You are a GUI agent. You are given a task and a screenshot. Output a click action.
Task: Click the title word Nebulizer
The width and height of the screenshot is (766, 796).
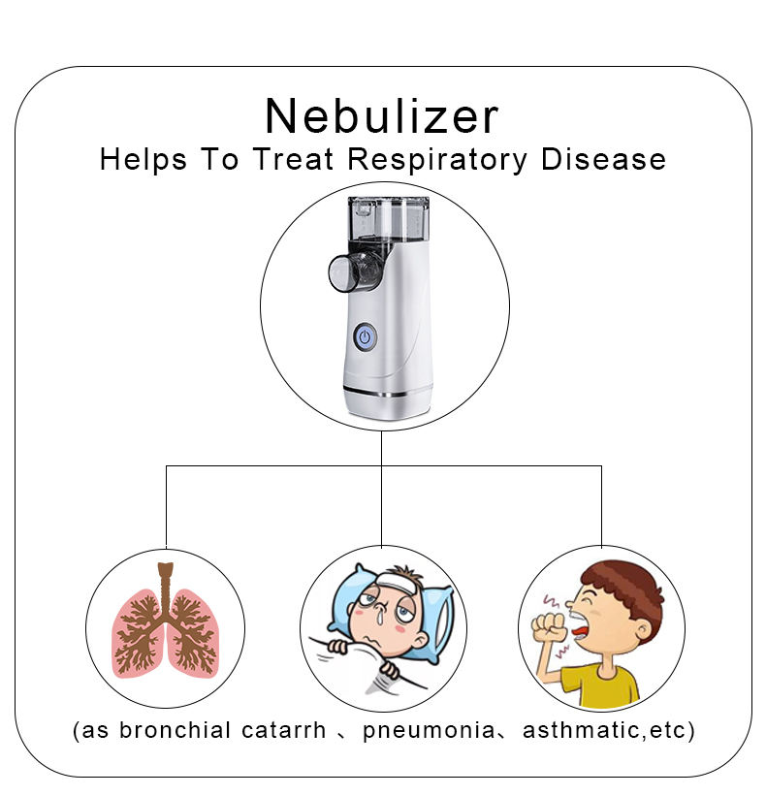381,116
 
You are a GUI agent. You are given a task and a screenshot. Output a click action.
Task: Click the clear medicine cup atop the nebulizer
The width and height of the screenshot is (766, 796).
388,222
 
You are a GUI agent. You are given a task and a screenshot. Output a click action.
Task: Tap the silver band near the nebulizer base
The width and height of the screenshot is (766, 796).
385,393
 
